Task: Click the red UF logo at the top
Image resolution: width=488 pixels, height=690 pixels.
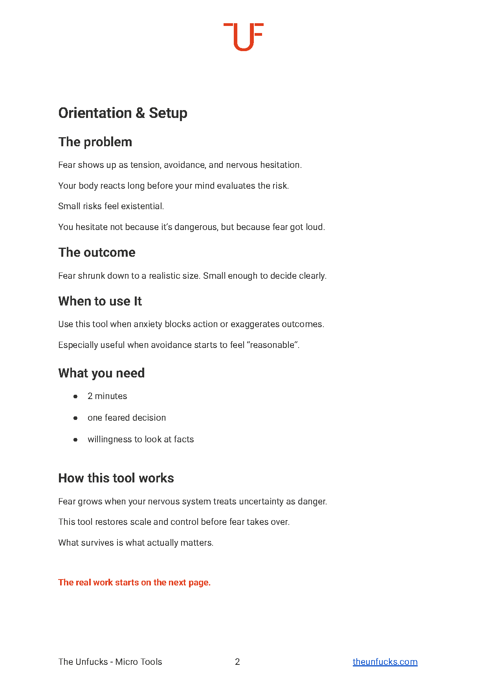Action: pos(243,37)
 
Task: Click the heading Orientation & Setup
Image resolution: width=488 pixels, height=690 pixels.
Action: pos(123,113)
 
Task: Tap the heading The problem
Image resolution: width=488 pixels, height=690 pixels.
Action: pos(95,142)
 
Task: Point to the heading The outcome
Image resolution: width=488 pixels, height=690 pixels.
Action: pos(97,252)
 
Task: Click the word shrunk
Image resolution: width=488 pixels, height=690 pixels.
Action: pos(92,276)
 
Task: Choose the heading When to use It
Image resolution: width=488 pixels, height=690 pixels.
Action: pos(100,301)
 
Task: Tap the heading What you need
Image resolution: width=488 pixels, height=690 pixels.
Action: pos(101,373)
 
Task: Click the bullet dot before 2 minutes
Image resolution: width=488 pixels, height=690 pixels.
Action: pos(75,396)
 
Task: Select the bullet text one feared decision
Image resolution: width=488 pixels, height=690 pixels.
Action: pos(127,418)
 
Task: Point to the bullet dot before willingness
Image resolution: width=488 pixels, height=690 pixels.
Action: pos(75,440)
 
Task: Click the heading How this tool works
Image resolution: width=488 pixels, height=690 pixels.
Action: pos(116,478)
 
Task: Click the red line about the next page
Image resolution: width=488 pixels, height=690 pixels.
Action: pos(134,582)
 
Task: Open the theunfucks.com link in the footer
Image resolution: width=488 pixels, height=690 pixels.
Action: pos(385,662)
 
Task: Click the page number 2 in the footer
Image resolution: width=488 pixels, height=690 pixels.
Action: pos(237,662)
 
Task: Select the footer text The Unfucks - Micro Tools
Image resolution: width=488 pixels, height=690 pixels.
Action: pos(110,662)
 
